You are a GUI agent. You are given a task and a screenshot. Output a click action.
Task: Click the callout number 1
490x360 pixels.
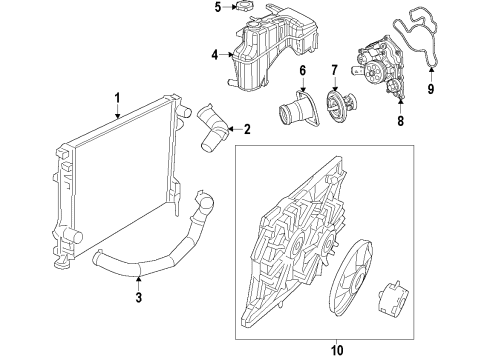(x=117, y=98)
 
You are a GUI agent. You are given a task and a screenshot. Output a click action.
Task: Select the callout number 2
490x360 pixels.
(x=247, y=128)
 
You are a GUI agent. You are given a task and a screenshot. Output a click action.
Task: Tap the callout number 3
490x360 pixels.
(x=140, y=296)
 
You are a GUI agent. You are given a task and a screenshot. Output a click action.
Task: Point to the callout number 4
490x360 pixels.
(x=213, y=55)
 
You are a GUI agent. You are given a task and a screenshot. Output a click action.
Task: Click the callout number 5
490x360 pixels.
(x=217, y=8)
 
